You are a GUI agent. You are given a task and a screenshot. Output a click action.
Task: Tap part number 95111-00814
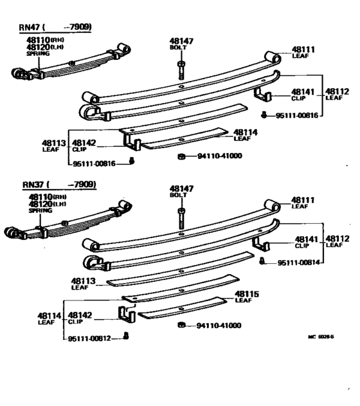(x=300, y=263)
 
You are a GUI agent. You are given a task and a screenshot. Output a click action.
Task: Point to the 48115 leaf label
(x=246, y=294)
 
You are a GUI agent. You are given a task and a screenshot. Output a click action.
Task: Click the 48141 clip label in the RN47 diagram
(x=302, y=93)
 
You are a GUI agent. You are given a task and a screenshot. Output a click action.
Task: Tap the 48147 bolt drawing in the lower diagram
(x=182, y=219)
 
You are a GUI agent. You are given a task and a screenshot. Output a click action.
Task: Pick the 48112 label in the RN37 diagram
(x=337, y=235)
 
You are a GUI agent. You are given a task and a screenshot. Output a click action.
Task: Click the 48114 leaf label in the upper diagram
(x=245, y=131)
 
